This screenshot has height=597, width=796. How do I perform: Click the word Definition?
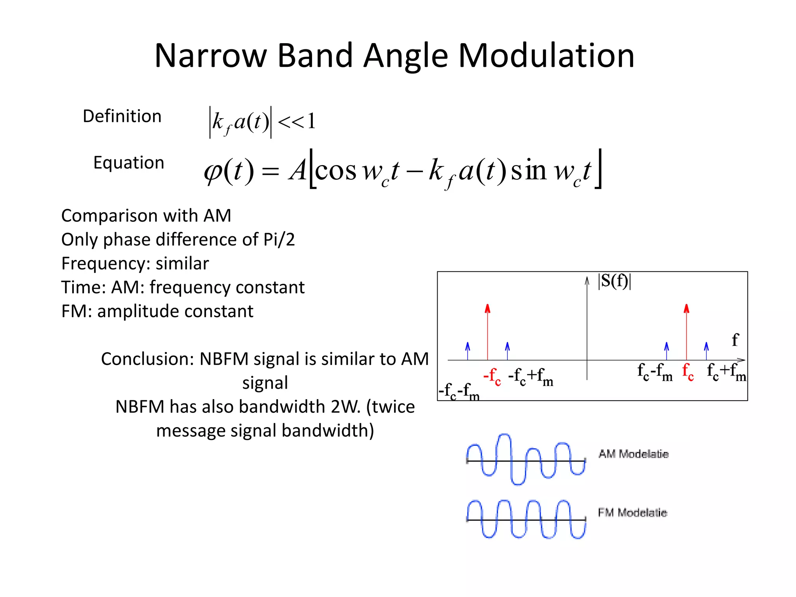point(122,116)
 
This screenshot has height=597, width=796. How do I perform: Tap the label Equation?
point(129,162)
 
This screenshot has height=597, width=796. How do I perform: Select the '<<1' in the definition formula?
point(297,121)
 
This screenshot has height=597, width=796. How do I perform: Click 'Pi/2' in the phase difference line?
point(279,239)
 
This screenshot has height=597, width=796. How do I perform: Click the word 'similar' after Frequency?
point(182,264)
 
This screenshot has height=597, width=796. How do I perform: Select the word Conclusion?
point(147,359)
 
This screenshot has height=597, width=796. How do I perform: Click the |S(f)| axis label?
point(614,281)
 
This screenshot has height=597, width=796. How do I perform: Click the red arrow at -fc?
point(487,332)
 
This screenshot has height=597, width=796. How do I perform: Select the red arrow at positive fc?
point(686,332)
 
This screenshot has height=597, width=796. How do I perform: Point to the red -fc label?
point(492,376)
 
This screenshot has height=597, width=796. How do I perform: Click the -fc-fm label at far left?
point(459,391)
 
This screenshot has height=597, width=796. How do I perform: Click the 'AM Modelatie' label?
point(633,454)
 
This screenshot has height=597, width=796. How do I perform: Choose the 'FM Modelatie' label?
point(632,513)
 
